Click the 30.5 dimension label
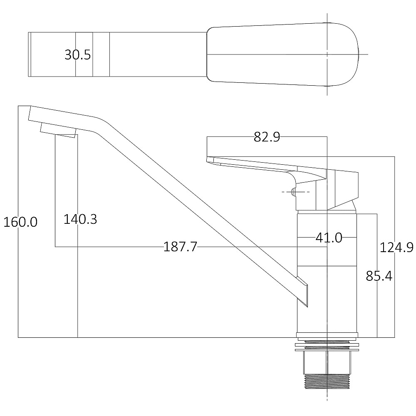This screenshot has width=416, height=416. [77, 55]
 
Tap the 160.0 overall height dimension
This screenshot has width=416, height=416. [20, 222]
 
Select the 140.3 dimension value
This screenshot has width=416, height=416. [80, 219]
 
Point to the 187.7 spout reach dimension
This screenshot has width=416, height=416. [180, 247]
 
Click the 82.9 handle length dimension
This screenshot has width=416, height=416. [267, 137]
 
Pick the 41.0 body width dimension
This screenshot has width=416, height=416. [329, 238]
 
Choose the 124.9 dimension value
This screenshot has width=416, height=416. [396, 248]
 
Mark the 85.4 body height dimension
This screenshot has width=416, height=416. [379, 276]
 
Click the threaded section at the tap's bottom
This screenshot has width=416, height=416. [327, 381]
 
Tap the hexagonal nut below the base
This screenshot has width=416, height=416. [327, 361]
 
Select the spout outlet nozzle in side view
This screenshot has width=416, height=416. [58, 130]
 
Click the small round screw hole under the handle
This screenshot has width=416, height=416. [293, 192]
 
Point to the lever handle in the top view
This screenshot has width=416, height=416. [283, 54]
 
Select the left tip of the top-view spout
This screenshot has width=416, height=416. [30, 54]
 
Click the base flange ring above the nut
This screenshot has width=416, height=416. [327, 335]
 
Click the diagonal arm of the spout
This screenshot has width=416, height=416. [196, 200]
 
